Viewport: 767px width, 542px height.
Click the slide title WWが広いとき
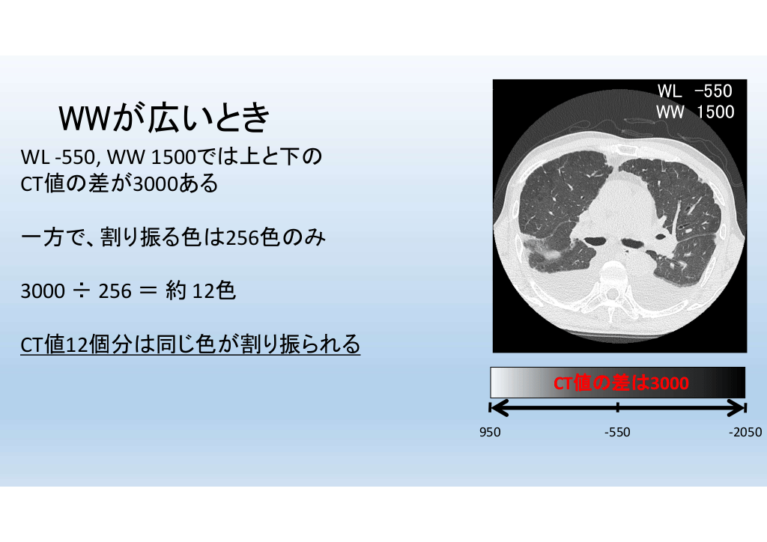pos(164,118)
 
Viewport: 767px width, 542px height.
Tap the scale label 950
pos(490,432)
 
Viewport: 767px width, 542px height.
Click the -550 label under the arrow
pos(617,432)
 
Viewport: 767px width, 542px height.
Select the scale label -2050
pos(745,432)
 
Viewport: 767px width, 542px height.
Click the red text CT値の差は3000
pos(621,383)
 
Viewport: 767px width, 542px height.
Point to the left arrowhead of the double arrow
pos(498,407)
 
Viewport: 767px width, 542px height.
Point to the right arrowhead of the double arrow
pos(737,407)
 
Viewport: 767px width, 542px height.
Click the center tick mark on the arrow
pos(618,407)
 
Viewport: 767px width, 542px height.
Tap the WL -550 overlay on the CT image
pos(694,91)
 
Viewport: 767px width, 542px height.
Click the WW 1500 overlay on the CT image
pos(694,112)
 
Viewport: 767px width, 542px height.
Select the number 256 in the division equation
pos(115,291)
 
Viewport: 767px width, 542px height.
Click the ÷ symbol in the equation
pos(82,291)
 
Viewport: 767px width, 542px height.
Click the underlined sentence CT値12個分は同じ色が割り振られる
pos(190,344)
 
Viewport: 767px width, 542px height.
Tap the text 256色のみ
pos(276,237)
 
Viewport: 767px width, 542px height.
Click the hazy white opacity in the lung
pos(544,250)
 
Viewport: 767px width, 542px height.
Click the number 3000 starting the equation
pos(43,291)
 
